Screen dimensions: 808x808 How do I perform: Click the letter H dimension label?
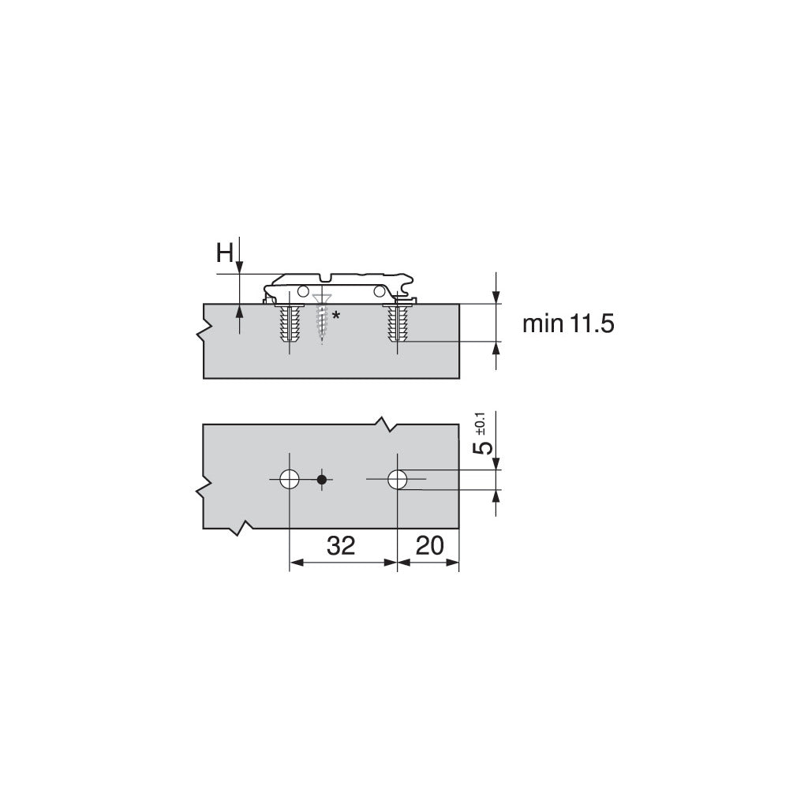point(225,254)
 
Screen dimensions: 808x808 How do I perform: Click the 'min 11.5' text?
point(568,324)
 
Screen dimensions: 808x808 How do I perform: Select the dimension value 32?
point(341,545)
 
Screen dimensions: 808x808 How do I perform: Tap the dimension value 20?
point(427,545)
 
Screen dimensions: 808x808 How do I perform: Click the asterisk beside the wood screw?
point(336,316)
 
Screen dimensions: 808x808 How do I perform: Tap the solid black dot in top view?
point(321,479)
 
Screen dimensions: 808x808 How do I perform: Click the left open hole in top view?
point(289,478)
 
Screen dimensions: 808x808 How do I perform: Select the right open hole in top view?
point(397,478)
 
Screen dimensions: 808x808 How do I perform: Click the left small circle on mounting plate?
point(303,291)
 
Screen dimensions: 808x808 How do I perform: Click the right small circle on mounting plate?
point(381,291)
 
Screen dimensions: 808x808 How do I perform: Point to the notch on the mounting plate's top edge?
point(326,278)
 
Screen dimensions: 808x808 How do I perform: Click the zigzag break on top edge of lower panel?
point(384,424)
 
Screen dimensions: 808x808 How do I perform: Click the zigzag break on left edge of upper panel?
point(204,327)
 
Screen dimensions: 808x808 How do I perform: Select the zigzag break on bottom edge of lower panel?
point(241,526)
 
